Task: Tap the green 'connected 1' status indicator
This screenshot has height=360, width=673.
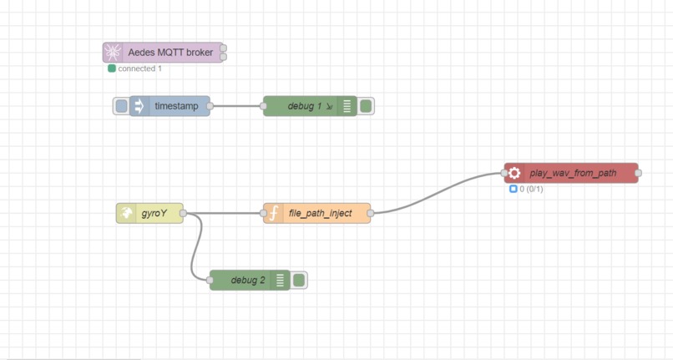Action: click(x=112, y=68)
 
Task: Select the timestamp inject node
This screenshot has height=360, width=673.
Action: click(x=175, y=106)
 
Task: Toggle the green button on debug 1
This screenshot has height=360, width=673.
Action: click(x=365, y=106)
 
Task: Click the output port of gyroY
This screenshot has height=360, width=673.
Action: click(x=183, y=213)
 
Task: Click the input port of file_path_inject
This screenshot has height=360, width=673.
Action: click(x=264, y=213)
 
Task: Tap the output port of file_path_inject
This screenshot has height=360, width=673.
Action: click(x=370, y=213)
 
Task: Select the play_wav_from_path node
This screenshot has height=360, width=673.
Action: click(x=573, y=173)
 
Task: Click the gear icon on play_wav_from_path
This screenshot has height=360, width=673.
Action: click(x=514, y=173)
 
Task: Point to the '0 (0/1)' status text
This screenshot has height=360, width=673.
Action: click(x=531, y=189)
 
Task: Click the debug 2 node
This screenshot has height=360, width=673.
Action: click(x=248, y=280)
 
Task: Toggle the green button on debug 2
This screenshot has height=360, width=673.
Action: click(x=298, y=280)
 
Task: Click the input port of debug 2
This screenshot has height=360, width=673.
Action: click(x=210, y=280)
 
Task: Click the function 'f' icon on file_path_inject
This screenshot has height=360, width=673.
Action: click(x=272, y=213)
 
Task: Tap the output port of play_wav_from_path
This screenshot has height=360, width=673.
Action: click(x=638, y=173)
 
